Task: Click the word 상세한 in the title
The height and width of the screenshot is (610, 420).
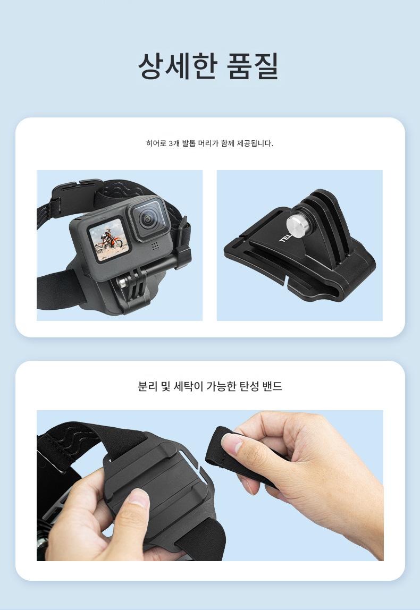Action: pos(177,66)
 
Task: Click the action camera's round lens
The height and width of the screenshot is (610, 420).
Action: pos(148,219)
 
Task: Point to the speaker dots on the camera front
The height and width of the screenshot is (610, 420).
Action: pos(155,246)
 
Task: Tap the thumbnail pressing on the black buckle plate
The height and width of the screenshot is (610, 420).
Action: pos(138,498)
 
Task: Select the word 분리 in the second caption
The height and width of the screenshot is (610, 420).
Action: pos(148,386)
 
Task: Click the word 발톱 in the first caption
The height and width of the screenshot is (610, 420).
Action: pos(188,143)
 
